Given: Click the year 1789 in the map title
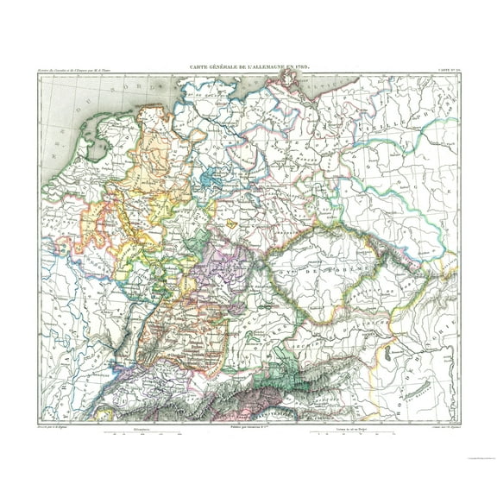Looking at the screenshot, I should pos(301,66).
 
